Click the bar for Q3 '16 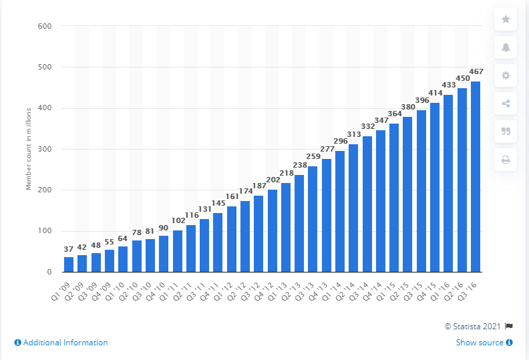tap(476, 177)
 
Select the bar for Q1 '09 tap(69, 264)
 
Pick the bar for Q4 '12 tap(272, 231)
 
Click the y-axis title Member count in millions tap(29, 149)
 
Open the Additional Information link tap(61, 343)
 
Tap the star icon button tap(506, 19)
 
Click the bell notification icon tap(506, 47)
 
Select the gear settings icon tap(506, 75)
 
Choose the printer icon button tap(506, 159)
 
